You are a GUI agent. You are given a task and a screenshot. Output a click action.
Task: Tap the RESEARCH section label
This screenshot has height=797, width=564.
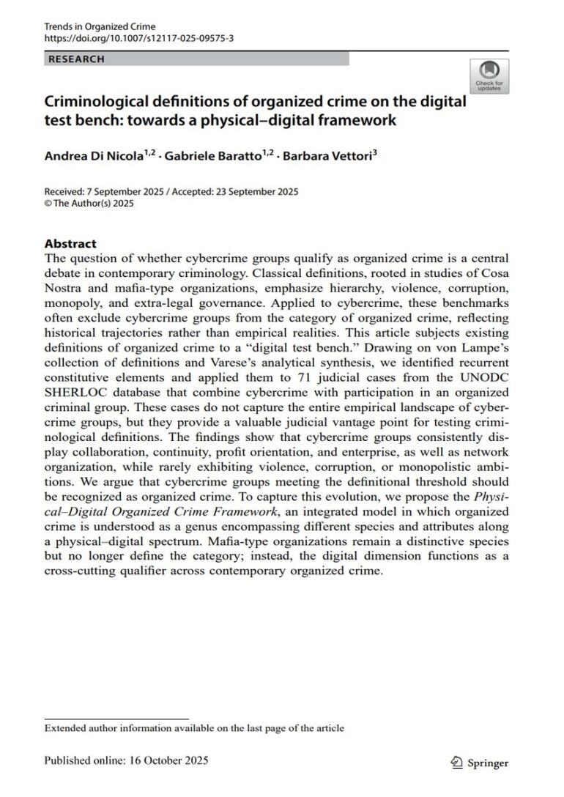coord(77,59)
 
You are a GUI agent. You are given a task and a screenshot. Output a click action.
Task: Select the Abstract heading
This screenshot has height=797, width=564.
coord(70,243)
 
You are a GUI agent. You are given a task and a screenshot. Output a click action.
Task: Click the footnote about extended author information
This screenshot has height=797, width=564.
coord(194,728)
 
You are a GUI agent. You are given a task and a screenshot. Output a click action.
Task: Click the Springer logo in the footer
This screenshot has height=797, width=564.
coord(480,763)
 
